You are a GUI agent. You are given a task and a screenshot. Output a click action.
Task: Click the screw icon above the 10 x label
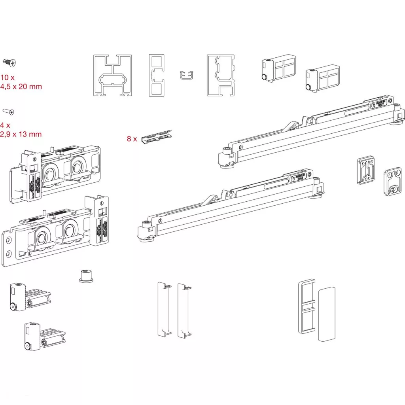[9, 62]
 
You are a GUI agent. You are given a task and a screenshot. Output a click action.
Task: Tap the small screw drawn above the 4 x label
[8, 112]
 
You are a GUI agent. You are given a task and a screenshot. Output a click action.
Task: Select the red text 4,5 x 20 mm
[21, 86]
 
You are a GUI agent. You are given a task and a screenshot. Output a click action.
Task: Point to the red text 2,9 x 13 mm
[21, 134]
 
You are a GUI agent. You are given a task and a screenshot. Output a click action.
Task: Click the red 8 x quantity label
[132, 139]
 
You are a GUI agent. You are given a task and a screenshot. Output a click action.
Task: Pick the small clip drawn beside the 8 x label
[157, 136]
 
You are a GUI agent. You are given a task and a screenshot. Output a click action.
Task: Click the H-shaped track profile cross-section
[113, 75]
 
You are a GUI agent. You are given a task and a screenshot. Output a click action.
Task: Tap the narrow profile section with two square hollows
[156, 75]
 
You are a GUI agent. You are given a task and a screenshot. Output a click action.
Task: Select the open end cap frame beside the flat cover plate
[306, 307]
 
